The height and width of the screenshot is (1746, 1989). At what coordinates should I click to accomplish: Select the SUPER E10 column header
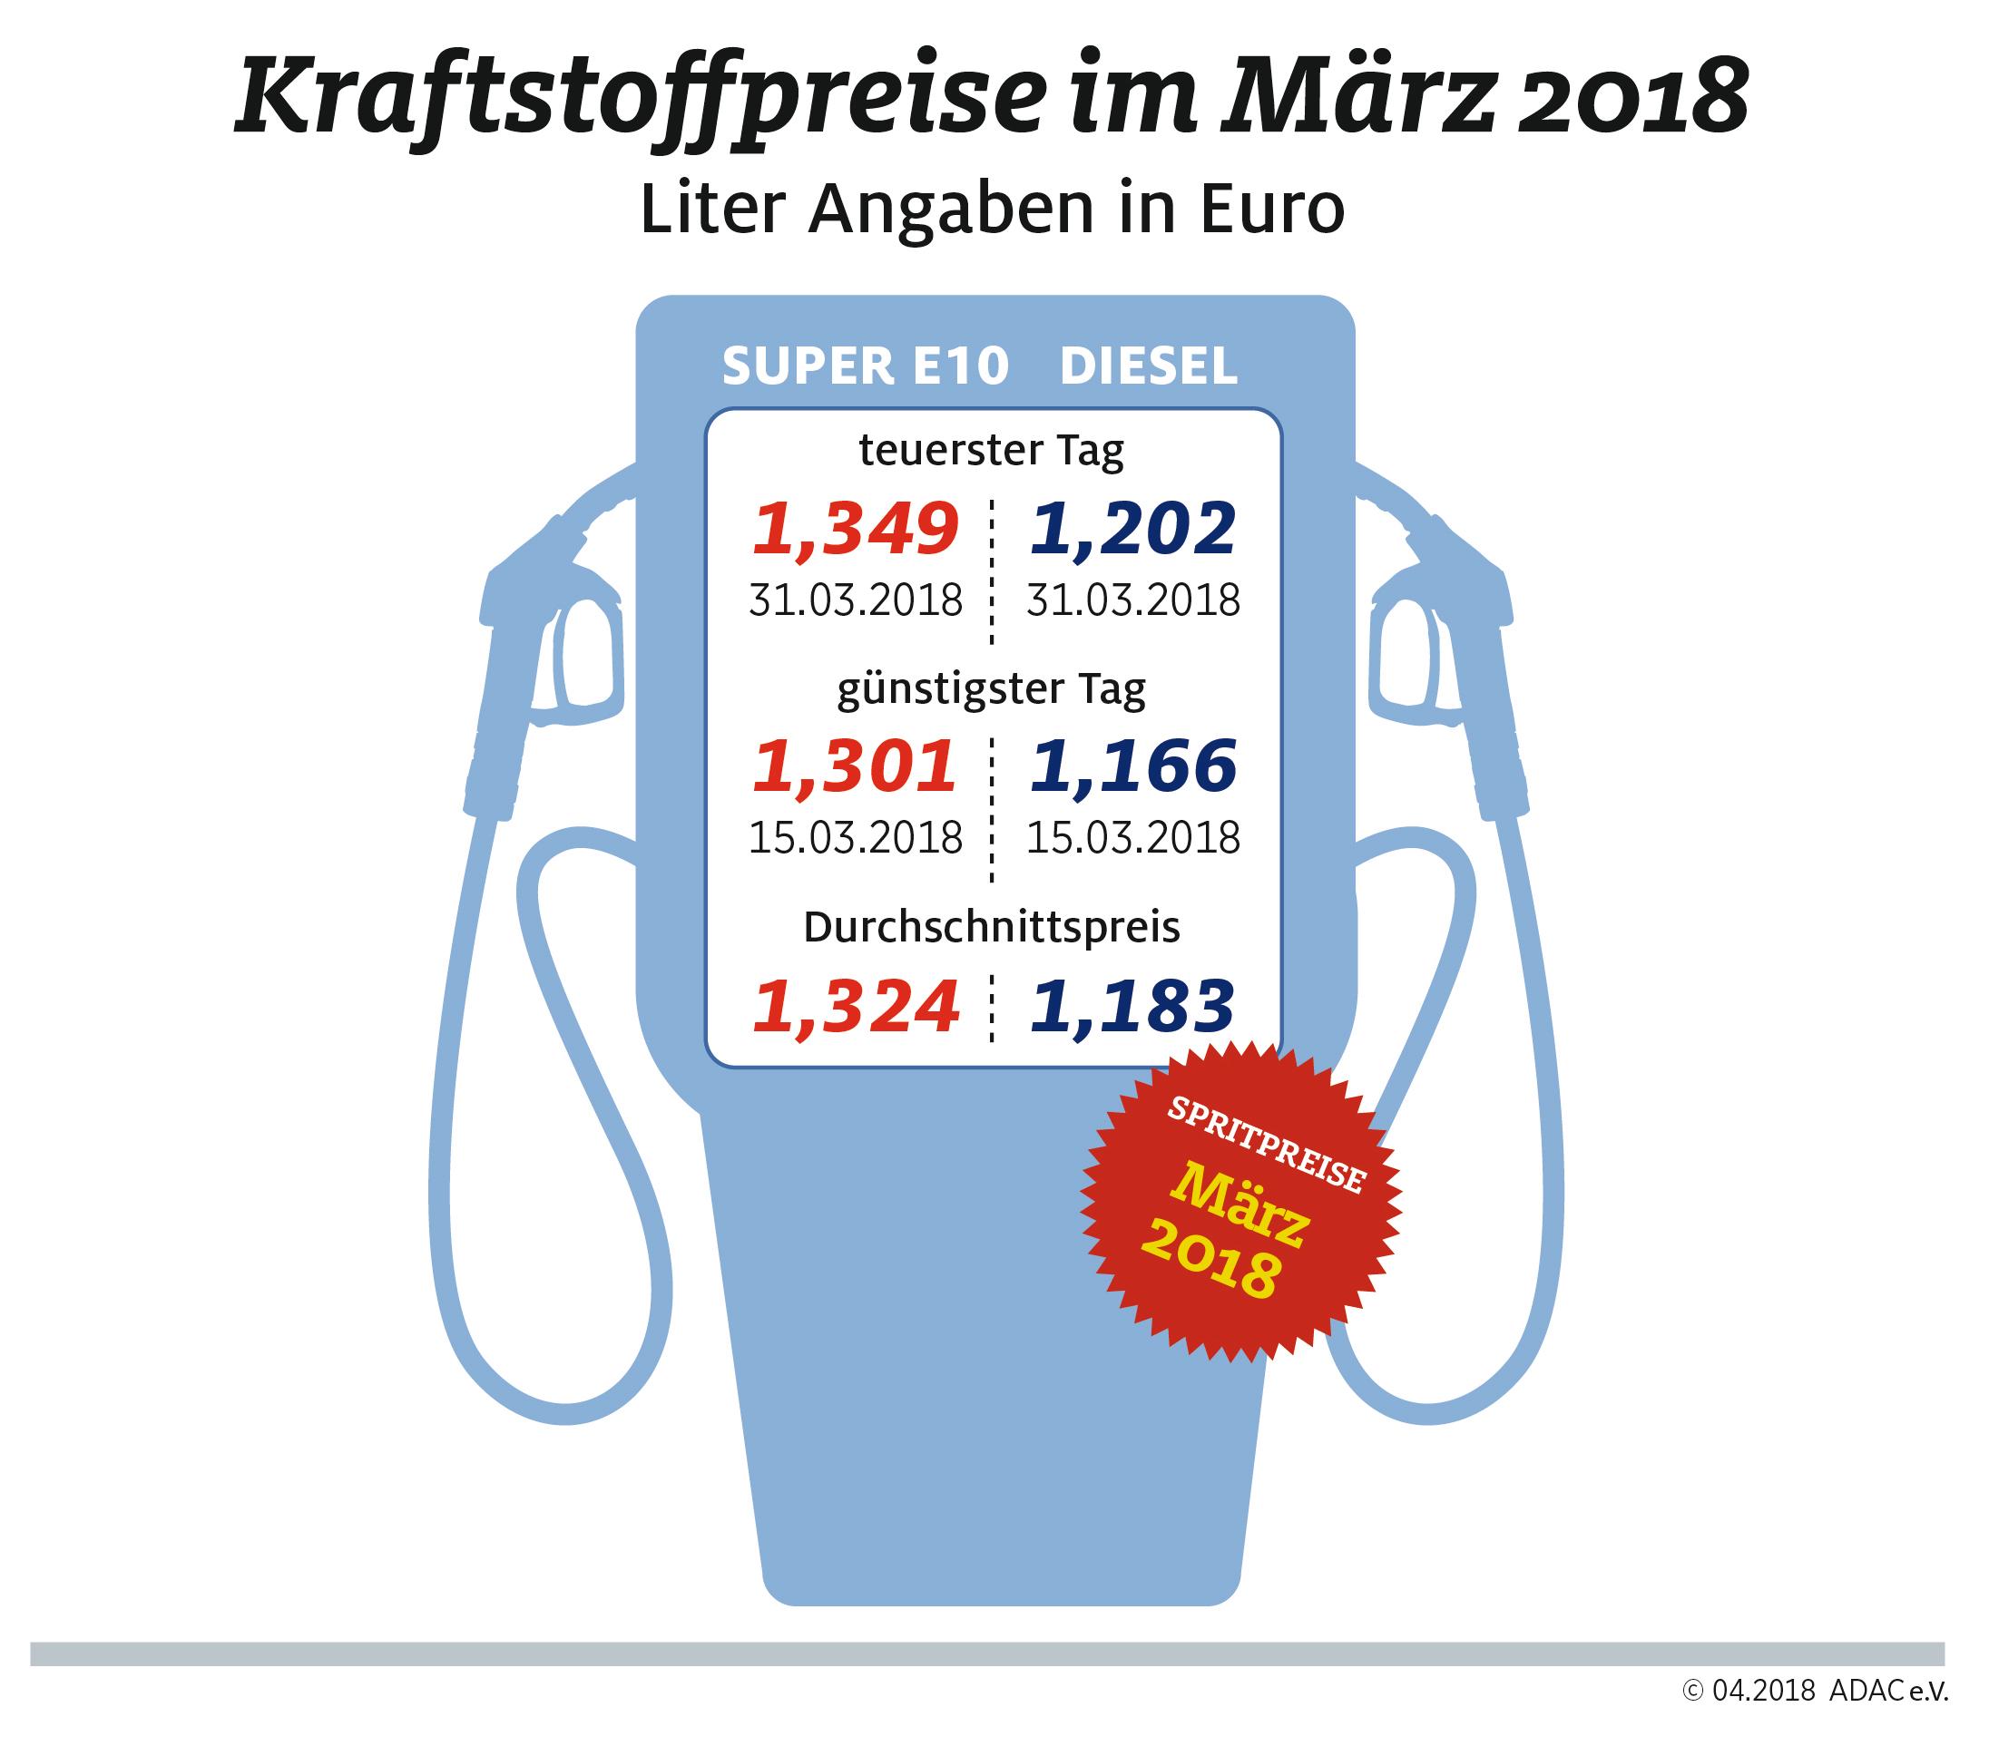865,367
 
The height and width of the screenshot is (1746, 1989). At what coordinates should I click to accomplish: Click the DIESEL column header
1148,367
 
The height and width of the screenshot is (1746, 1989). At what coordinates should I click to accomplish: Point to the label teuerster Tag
992,451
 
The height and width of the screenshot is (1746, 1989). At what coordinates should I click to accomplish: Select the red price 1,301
857,766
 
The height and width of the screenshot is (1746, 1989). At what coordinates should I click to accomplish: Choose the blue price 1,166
1132,766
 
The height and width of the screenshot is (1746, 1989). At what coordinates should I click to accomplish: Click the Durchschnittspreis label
992,928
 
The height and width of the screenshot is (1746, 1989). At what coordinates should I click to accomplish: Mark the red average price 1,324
857,1008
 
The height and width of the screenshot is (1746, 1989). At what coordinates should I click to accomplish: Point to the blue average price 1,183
1132,1008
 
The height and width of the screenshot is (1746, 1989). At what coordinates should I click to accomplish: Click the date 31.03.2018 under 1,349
857,600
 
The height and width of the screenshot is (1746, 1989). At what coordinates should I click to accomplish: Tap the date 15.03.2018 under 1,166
1132,838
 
